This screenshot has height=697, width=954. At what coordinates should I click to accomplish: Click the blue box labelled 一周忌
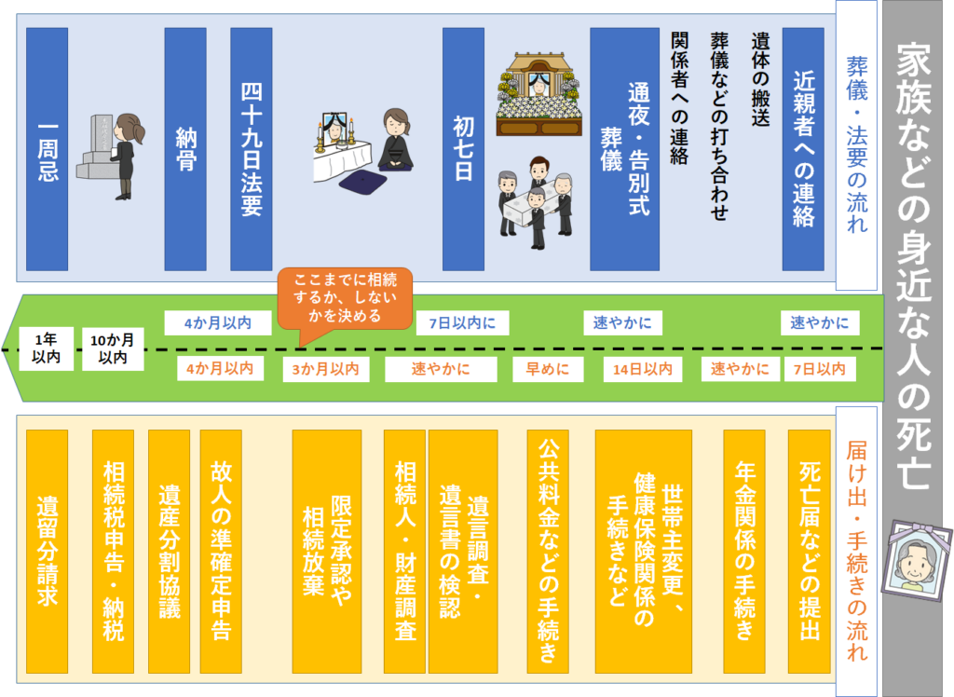click(47, 149)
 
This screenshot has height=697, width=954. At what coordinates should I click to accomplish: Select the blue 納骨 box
click(184, 149)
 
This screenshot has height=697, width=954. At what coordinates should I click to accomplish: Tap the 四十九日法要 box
click(251, 149)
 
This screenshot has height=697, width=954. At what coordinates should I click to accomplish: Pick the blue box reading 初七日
click(463, 149)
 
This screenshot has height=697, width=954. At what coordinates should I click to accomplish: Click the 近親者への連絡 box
click(803, 149)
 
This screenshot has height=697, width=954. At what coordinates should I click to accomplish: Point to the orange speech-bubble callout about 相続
click(344, 297)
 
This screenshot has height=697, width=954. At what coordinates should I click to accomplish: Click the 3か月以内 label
click(321, 369)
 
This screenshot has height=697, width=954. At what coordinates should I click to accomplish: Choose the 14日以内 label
click(643, 369)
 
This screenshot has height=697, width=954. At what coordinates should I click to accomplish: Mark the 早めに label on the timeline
click(548, 369)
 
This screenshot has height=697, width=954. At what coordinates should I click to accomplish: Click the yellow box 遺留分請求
click(47, 550)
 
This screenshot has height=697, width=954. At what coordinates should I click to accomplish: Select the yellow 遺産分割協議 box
click(169, 550)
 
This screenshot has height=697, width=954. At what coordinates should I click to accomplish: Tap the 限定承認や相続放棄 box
click(327, 550)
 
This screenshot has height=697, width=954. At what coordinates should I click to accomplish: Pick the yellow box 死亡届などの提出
click(809, 550)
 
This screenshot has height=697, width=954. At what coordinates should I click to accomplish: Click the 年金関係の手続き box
click(744, 550)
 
